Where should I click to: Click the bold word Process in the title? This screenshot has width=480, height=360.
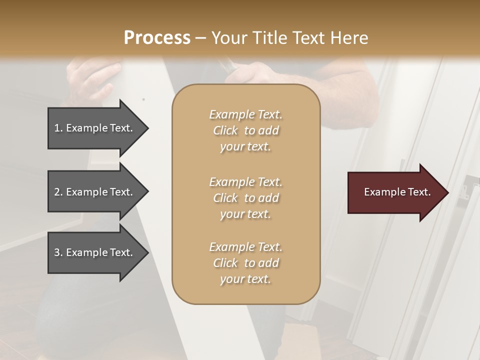[157, 37]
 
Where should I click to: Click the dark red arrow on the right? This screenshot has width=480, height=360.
[392, 192]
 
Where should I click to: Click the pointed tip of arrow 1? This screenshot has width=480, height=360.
[146, 128]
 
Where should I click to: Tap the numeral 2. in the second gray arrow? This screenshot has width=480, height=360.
[58, 192]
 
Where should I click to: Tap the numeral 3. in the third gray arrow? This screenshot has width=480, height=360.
[58, 252]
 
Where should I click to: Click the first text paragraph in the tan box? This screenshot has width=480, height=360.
[245, 130]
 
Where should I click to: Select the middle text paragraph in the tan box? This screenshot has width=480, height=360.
[245, 197]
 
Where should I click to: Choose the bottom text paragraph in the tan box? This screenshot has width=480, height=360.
[245, 263]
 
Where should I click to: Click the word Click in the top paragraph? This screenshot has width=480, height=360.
[225, 130]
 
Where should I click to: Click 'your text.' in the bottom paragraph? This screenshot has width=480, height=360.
[245, 279]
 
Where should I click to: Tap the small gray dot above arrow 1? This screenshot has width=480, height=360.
[143, 99]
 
